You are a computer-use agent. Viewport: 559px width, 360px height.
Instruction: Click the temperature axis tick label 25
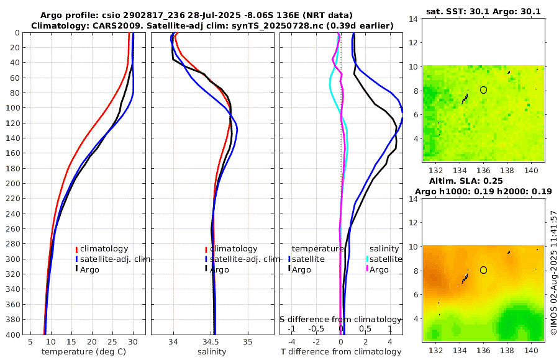click(x=112, y=341)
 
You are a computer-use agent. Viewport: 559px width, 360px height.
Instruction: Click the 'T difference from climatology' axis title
click(x=341, y=352)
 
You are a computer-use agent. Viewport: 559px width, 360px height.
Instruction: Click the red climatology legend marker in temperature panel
click(x=77, y=249)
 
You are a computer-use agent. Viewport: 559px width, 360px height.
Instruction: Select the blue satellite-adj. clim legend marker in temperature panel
click(x=77, y=259)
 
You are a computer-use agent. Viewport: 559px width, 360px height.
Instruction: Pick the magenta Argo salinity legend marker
click(x=367, y=269)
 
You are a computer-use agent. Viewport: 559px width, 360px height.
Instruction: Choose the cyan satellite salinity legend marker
click(x=367, y=259)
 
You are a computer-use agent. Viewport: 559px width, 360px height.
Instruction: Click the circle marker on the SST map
click(x=483, y=90)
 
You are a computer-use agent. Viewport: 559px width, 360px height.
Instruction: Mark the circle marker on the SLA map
click(x=483, y=270)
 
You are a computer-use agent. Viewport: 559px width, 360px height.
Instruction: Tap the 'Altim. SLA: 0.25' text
click(x=483, y=180)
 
